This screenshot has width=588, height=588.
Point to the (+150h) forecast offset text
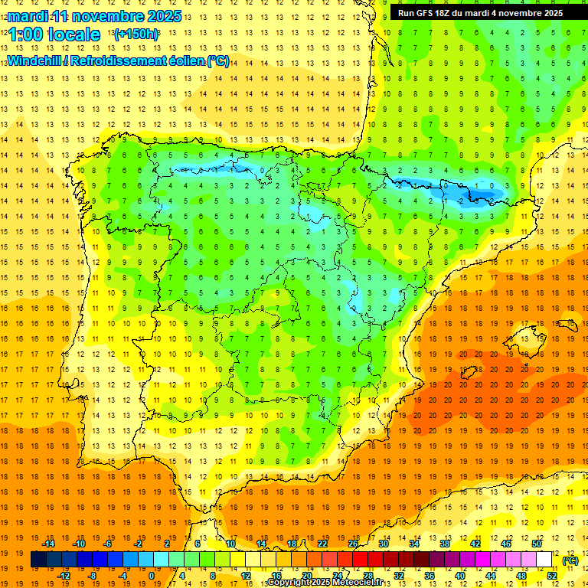coord(136,34)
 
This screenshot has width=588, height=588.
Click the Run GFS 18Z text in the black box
coord(429,12)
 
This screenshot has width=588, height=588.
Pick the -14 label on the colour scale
coord(48,543)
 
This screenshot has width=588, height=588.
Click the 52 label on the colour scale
coord(552,575)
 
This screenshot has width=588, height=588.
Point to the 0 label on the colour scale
coord(152,575)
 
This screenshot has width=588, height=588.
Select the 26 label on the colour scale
coord(353,543)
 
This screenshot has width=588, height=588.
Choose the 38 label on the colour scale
coord(444,543)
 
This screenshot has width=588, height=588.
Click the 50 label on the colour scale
coord(536,543)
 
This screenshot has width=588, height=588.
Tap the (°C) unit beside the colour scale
coord(570,560)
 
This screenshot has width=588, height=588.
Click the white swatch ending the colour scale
coord(544,560)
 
